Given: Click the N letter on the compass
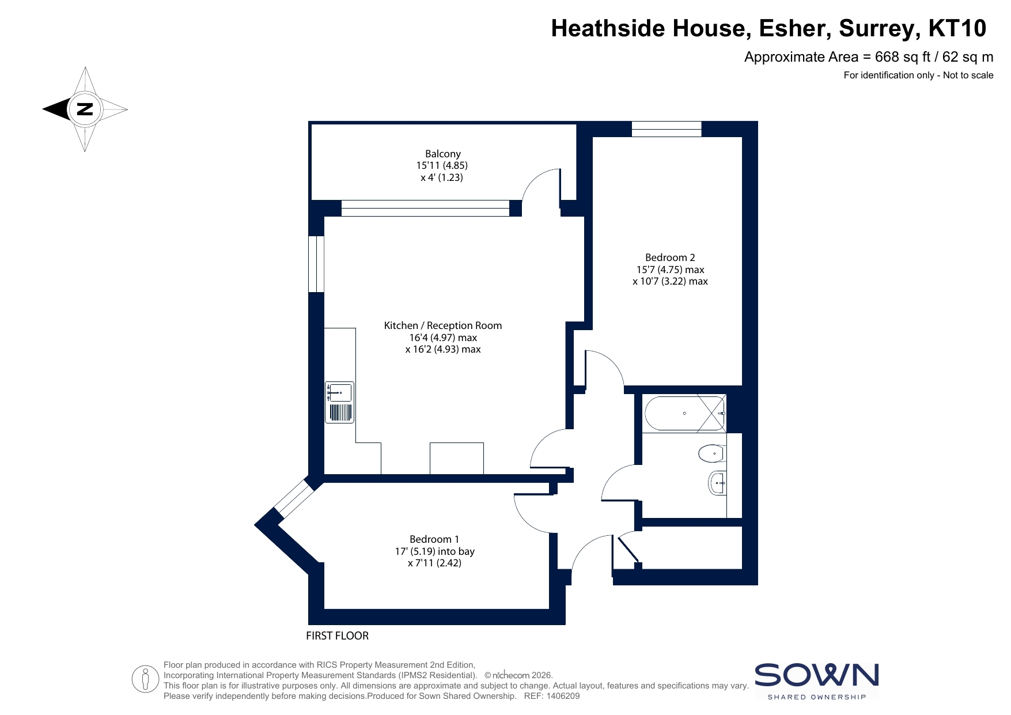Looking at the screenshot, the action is tap(85, 109).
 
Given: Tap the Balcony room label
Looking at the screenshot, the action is tap(442, 154).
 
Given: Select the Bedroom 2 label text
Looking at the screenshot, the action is tap(670, 258).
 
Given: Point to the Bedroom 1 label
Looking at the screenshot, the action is tap(434, 539).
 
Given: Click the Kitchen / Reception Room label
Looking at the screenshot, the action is tap(442, 326).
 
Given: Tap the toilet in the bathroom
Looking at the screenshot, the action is tap(712, 454).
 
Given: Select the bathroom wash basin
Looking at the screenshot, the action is tap(717, 483).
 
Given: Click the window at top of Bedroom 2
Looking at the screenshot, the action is tap(667, 129).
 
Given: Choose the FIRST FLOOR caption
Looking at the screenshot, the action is tap(337, 635).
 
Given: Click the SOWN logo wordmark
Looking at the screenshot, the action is tap(816, 675).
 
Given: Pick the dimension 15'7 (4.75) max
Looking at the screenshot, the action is tap(670, 270).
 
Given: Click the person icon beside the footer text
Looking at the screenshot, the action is tap(145, 679).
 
